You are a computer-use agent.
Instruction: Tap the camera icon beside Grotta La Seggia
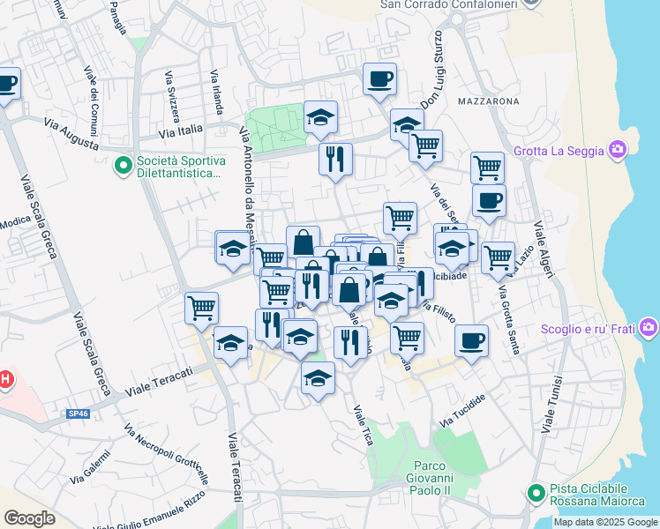coord(619,150)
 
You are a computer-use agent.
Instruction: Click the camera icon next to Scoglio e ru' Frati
coord(650,330)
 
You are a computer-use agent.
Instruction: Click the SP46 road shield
coord(78,413)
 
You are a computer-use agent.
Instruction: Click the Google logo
coord(30,518)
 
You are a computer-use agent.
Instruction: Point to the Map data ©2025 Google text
coord(606,522)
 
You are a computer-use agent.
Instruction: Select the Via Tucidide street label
coord(462,412)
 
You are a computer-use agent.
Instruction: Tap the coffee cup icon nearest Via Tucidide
coord(472,340)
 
